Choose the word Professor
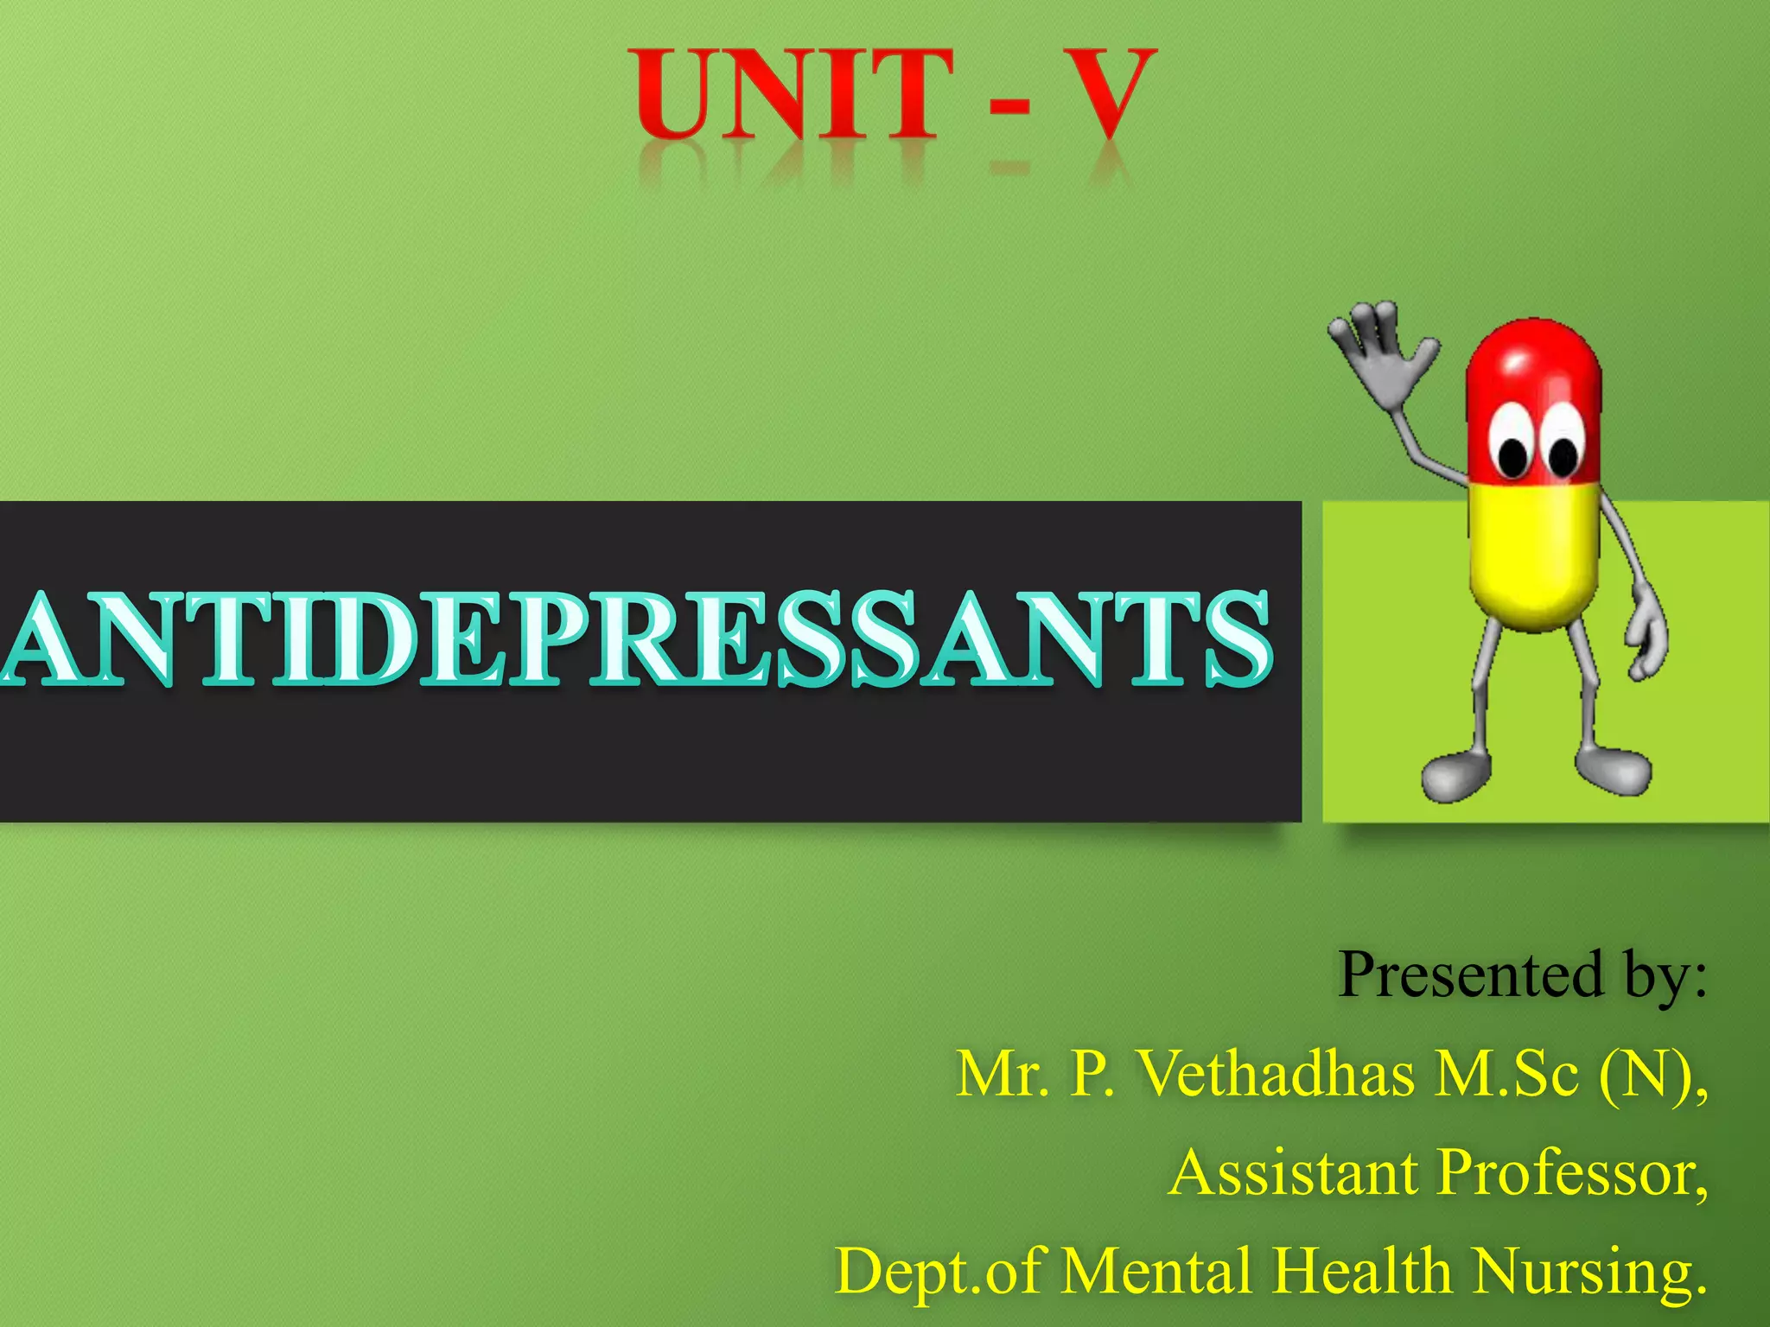[1573, 1173]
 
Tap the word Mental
[1158, 1272]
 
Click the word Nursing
[1590, 1272]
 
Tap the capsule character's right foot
[1613, 769]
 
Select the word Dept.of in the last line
[937, 1272]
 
